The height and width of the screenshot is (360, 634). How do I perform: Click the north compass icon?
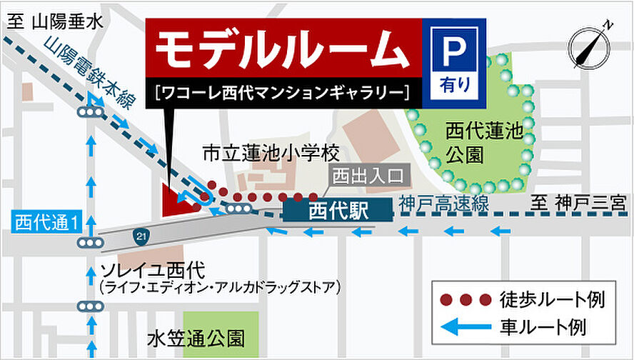point(591,45)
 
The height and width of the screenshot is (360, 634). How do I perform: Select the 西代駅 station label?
point(337,211)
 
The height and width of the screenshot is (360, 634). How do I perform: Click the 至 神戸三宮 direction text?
point(577,203)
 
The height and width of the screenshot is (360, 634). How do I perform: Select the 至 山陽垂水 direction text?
point(54,21)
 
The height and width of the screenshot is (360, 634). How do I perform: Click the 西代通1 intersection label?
point(46,223)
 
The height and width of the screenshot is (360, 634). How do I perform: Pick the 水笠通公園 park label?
point(196,336)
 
